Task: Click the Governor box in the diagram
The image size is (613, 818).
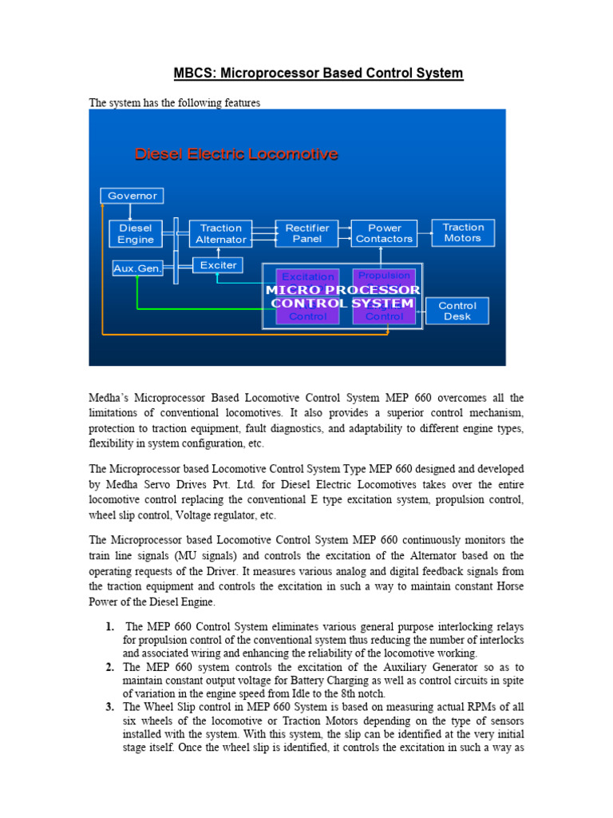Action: (x=132, y=196)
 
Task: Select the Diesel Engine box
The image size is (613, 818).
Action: (x=136, y=233)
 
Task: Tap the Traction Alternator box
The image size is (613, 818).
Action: (x=220, y=233)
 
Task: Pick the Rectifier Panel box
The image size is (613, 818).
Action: (x=307, y=233)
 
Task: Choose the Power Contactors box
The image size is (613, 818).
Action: (x=385, y=233)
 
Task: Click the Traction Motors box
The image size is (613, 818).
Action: (x=463, y=232)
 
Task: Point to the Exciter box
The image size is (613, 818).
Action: (x=218, y=265)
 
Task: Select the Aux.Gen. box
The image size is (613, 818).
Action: (x=137, y=269)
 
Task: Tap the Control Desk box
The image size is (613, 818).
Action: (x=457, y=311)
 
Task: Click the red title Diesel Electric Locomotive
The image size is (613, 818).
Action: (x=236, y=154)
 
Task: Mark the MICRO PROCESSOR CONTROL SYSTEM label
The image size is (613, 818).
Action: (x=342, y=296)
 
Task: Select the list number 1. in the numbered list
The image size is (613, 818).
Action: (x=109, y=626)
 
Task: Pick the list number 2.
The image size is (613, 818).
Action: (x=109, y=666)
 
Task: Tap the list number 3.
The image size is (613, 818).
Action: (x=109, y=707)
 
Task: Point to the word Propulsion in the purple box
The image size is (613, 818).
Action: (x=384, y=276)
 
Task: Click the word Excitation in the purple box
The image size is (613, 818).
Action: (x=308, y=277)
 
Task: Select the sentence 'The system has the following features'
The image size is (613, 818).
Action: (x=175, y=103)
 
